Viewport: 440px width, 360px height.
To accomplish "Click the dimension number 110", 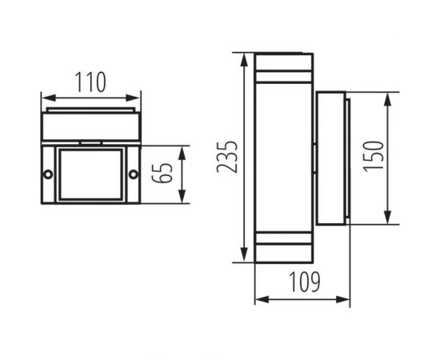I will pos(90,82).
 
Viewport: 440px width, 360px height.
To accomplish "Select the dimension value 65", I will pos(166,174).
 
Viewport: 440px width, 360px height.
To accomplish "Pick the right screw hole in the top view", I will pos(133,174).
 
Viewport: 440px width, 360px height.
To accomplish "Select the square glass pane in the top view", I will pos(90,174).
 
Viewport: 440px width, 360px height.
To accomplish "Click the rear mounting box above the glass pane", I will pos(90,126).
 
